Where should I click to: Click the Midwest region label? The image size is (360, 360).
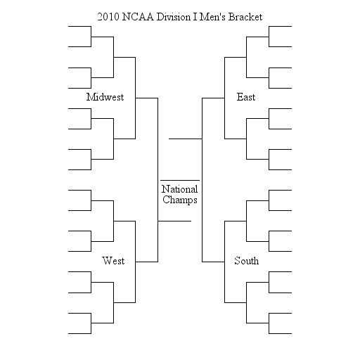click(x=105, y=97)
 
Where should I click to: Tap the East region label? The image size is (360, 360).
click(x=246, y=97)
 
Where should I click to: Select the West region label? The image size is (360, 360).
click(x=113, y=261)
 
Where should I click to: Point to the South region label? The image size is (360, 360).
click(x=247, y=261)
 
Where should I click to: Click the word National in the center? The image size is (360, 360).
click(x=180, y=189)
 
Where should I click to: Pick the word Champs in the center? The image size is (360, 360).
click(x=180, y=200)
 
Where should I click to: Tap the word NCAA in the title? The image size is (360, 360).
click(x=138, y=17)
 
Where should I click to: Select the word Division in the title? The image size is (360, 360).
click(x=174, y=17)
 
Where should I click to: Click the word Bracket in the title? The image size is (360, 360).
click(x=245, y=17)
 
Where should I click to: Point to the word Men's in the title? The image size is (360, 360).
click(x=212, y=17)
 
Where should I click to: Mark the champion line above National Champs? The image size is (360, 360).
click(x=180, y=180)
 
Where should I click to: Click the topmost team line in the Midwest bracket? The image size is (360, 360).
click(x=79, y=27)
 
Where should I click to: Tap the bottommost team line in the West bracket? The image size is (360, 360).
click(x=79, y=333)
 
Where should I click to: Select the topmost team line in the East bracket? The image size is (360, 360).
click(x=281, y=27)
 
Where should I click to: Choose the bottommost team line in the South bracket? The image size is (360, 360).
click(x=281, y=333)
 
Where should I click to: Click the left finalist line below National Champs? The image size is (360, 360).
click(x=174, y=221)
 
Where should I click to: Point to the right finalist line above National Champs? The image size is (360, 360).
click(x=186, y=139)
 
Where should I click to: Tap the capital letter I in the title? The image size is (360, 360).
click(x=195, y=17)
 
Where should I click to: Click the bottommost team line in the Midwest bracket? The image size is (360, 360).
click(x=79, y=169)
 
